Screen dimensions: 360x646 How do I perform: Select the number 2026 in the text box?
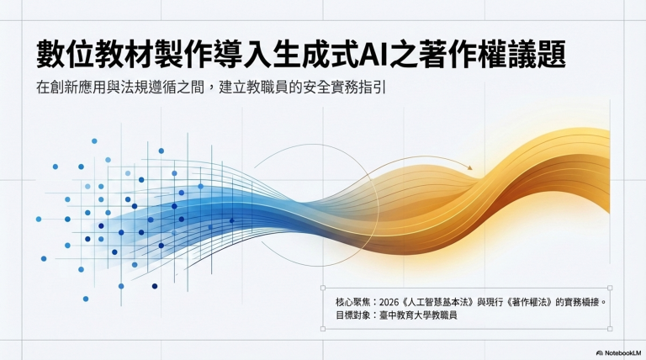(x=392, y=300)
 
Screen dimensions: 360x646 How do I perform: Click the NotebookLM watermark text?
(x=621, y=352)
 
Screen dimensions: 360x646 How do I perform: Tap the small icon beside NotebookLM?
(x=599, y=352)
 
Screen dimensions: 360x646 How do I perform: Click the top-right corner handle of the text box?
(x=610, y=288)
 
